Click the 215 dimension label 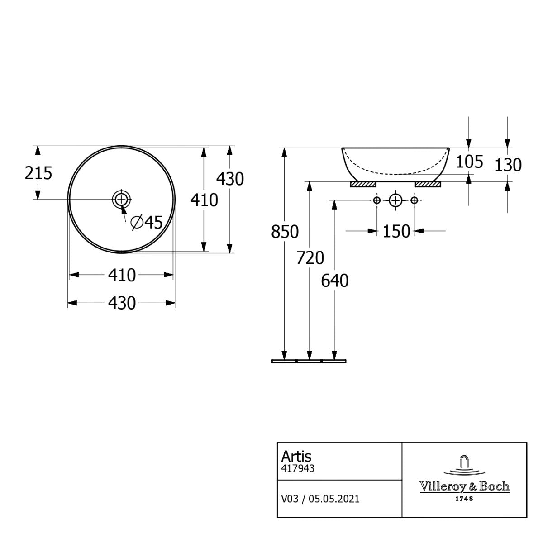coord(38,173)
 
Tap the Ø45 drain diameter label coord(147,222)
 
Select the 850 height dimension coord(285,232)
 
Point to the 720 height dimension coord(310,258)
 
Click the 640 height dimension coord(335,281)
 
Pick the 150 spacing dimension coord(396,232)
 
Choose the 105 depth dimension coord(469,162)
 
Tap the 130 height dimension coord(508,165)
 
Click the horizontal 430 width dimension coord(122,303)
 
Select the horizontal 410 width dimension coord(122,275)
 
